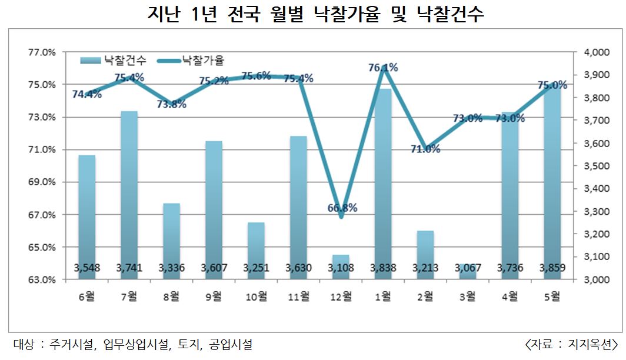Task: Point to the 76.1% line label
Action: click(382, 68)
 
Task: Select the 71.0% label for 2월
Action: click(425, 149)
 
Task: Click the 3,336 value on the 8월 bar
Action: click(171, 268)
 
